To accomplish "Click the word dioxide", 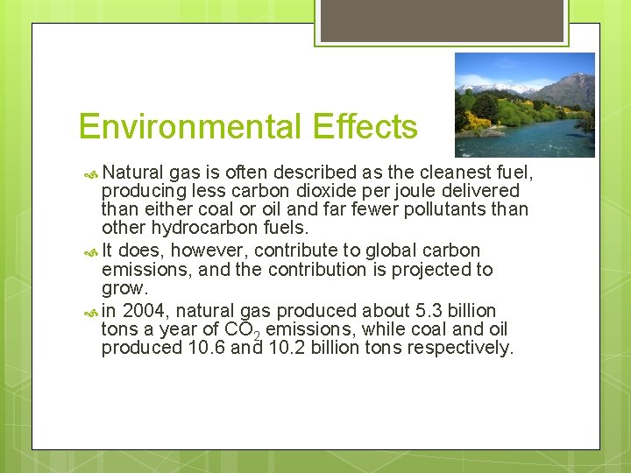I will tap(300, 190).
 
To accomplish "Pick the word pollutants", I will tap(455, 209).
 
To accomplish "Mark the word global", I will tap(394, 251).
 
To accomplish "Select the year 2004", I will tap(144, 311).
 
